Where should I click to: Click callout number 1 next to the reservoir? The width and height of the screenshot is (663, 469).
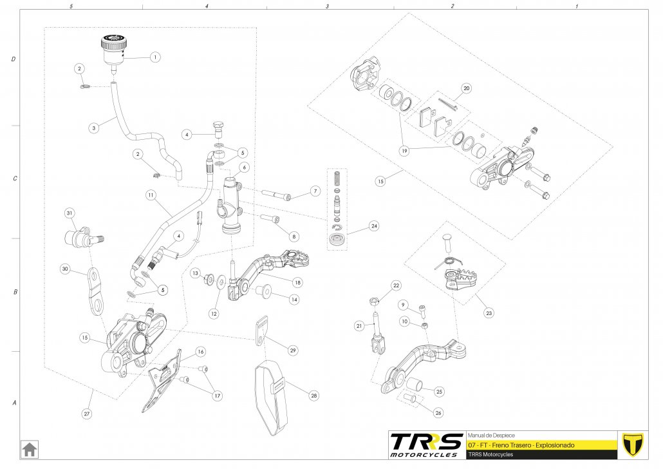point(154,57)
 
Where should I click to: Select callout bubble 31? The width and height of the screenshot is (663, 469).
point(70,213)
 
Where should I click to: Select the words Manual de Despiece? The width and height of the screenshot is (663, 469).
point(491,435)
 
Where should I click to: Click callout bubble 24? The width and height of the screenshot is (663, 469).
point(373,226)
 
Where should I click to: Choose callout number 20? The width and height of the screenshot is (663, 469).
point(467,88)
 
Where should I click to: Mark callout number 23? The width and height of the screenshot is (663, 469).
point(489,313)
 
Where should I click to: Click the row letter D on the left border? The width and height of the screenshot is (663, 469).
point(14,59)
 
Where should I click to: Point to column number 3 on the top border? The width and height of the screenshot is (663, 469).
point(327,6)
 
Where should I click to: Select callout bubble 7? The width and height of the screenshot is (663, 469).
point(314,191)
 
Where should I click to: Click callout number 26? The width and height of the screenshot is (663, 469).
point(438,412)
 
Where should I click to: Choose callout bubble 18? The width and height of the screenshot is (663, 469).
point(297,282)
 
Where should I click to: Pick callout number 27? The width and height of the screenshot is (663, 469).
point(86,414)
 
